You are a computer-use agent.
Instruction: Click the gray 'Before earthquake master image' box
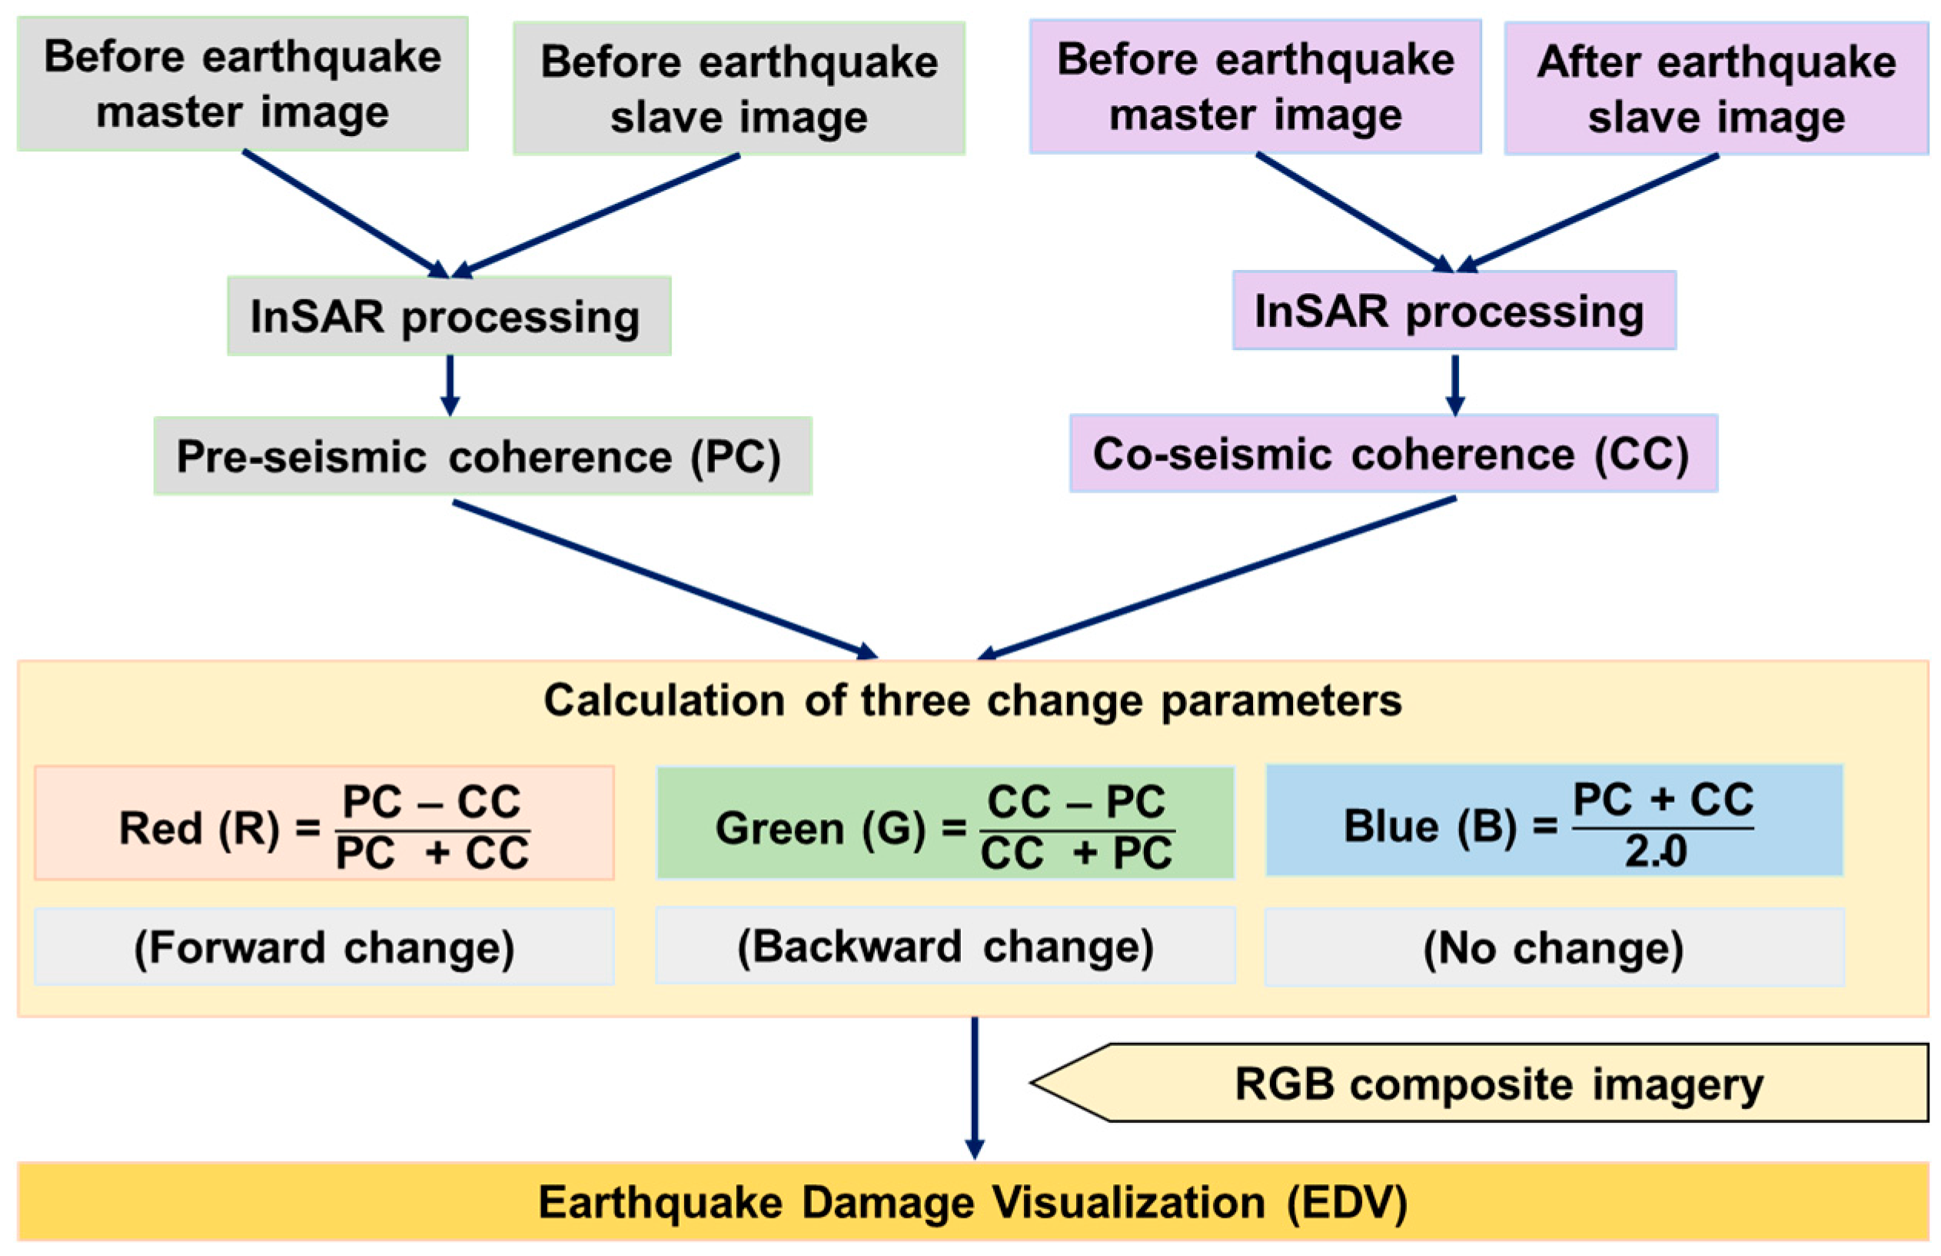pos(242,84)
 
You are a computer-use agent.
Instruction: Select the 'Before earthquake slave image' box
pos(738,88)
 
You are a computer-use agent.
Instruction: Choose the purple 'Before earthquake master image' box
pos(1254,86)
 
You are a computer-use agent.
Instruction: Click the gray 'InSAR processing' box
pos(448,315)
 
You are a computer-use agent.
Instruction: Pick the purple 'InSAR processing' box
pos(1453,311)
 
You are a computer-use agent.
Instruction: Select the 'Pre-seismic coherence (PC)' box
pos(482,455)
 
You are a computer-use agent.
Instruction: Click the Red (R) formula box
pos(324,823)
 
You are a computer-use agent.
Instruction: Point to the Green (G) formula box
pos(944,823)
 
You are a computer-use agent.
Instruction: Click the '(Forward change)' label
pos(324,946)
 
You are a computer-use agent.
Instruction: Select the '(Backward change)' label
pos(944,945)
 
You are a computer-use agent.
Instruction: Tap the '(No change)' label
pos(1553,947)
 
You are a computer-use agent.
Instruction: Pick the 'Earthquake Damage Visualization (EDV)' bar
pos(972,1201)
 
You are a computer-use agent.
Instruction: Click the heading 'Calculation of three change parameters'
pos(972,700)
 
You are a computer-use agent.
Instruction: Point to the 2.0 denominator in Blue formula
pos(1655,852)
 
